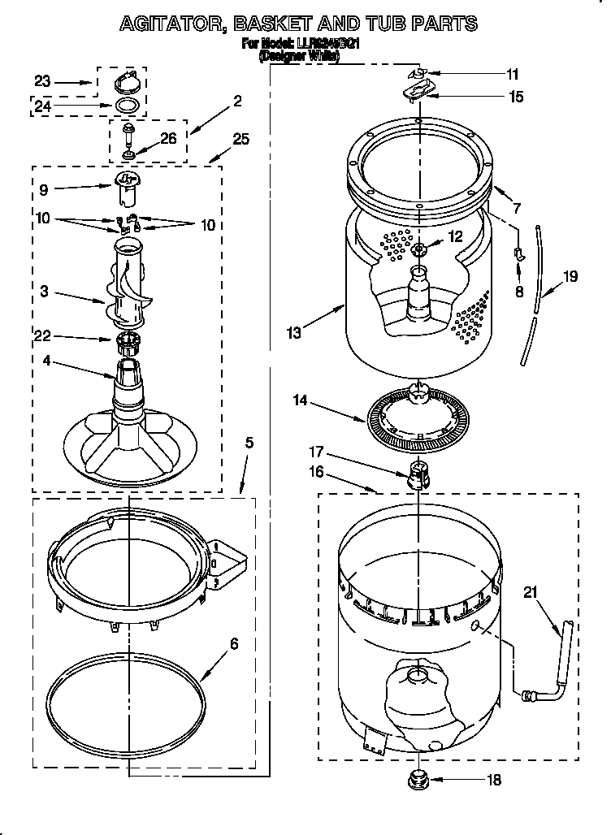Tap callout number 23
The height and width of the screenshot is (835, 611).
point(43,81)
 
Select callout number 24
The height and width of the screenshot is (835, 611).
point(43,105)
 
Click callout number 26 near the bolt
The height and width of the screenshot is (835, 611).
point(168,138)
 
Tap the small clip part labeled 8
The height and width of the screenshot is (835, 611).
point(518,256)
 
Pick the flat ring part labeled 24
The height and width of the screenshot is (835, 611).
point(125,106)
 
